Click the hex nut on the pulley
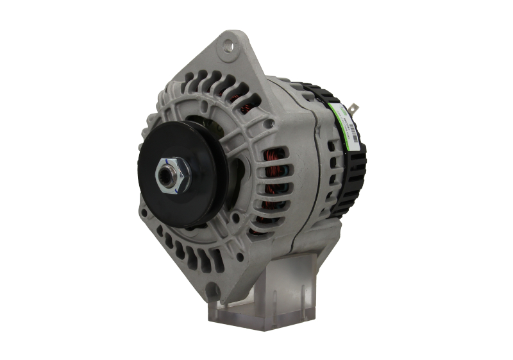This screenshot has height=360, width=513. (171, 173)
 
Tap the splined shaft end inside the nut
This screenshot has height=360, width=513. (171, 173)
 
